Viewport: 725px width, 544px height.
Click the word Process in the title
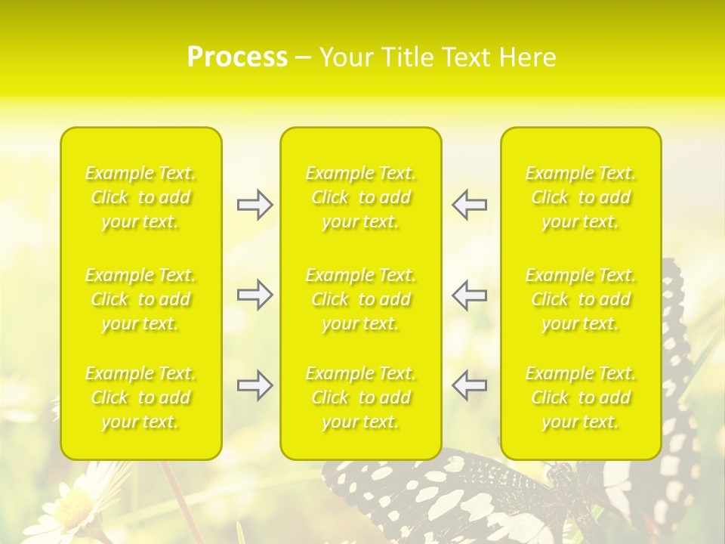[237, 57]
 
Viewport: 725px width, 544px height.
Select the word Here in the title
[527, 57]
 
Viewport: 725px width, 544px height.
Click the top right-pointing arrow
[255, 205]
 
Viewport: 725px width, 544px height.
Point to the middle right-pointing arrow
[255, 295]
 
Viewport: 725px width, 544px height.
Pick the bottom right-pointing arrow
[255, 385]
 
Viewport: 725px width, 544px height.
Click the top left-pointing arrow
[470, 205]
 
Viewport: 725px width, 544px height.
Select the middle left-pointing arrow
[470, 295]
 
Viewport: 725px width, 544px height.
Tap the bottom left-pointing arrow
[470, 385]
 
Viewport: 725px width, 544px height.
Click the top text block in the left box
[140, 197]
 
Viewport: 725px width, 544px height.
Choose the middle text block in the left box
[140, 299]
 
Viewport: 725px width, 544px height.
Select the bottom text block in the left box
[140, 397]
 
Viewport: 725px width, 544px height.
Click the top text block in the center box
[361, 197]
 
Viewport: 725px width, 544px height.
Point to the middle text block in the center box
[361, 299]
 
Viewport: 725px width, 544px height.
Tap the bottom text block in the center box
[361, 397]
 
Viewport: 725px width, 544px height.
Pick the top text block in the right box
[581, 197]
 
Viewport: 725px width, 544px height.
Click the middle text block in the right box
[581, 299]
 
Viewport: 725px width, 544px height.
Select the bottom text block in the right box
[581, 397]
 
